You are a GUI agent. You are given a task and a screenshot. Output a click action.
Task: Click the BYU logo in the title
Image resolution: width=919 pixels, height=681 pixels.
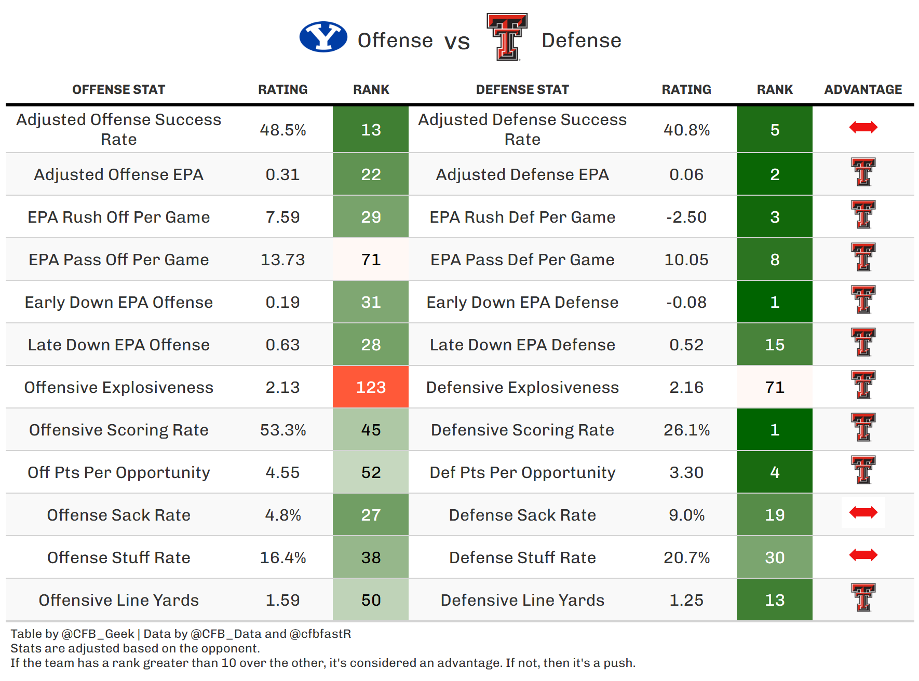click(x=323, y=37)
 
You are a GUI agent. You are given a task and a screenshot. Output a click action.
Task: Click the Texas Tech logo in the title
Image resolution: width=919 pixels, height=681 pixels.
click(x=507, y=37)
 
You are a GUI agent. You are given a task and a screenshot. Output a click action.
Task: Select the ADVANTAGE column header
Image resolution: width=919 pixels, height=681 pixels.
click(x=863, y=90)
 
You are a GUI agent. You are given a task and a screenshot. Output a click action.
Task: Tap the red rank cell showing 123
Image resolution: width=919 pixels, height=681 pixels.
click(x=371, y=387)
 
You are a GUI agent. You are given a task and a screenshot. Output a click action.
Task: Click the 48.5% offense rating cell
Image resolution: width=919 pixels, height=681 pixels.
click(x=282, y=130)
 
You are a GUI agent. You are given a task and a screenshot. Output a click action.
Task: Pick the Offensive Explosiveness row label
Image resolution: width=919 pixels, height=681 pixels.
click(x=118, y=387)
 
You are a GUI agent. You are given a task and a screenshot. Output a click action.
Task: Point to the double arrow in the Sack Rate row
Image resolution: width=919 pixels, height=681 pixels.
click(x=863, y=513)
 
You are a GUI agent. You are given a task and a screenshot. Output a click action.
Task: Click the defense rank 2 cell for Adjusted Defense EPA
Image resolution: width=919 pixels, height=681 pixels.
click(x=774, y=174)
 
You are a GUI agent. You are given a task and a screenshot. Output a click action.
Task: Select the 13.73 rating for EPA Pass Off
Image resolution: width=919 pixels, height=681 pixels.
click(x=282, y=260)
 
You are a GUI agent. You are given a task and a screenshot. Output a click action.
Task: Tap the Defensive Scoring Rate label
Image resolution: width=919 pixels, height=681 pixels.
click(x=522, y=430)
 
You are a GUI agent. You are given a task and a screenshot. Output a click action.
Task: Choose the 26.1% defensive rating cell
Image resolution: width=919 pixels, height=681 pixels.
click(x=686, y=430)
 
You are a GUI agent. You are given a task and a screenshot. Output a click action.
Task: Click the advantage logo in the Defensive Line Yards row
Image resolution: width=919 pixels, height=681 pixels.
click(x=863, y=597)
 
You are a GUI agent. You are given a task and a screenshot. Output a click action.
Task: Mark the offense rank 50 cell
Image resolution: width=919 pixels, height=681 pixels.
click(x=371, y=600)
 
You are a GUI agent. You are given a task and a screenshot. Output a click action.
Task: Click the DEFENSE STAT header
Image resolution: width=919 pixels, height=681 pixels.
click(x=522, y=90)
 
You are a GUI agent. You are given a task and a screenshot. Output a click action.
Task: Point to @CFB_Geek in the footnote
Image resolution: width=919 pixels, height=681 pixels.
click(x=98, y=634)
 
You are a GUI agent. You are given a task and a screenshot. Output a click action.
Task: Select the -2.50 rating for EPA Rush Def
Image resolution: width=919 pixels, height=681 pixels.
click(x=686, y=217)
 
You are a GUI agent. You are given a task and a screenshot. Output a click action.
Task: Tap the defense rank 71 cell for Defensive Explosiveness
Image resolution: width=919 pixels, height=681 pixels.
click(x=774, y=387)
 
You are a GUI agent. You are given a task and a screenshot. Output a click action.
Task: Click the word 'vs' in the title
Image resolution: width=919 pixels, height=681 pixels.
click(x=457, y=42)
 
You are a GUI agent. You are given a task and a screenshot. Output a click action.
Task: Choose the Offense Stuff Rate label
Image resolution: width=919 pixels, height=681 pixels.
click(x=118, y=557)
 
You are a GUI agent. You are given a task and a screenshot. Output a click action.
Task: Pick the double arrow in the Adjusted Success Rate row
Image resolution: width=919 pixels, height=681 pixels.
click(x=863, y=127)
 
